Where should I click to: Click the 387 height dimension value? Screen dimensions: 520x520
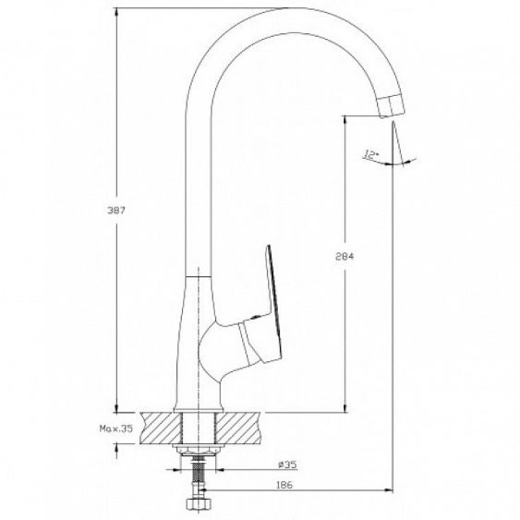tap(116, 210)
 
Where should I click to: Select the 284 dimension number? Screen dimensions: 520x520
tap(344, 256)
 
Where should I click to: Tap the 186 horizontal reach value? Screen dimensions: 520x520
tap(285, 485)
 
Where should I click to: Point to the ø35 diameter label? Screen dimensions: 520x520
tap(287, 465)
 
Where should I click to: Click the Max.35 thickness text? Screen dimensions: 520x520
tap(116, 428)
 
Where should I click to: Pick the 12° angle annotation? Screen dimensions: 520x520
tap(370, 155)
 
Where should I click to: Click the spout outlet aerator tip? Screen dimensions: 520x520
tap(391, 105)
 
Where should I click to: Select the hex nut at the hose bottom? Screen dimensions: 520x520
tap(198, 505)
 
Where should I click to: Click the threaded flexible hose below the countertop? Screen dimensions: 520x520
tap(199, 475)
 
